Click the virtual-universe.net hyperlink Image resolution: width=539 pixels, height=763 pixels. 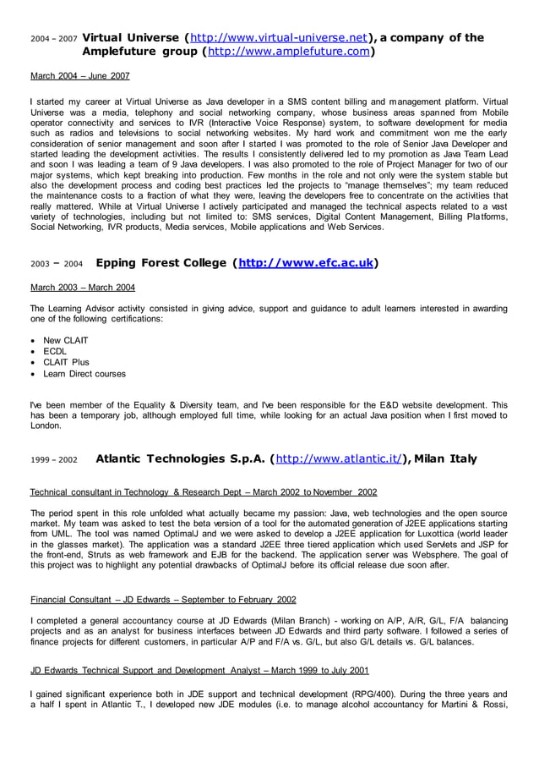(x=279, y=38)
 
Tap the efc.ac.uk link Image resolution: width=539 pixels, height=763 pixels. (x=306, y=263)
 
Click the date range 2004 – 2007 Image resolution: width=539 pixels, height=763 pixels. (x=53, y=40)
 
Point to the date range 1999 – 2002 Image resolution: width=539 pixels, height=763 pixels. (x=53, y=461)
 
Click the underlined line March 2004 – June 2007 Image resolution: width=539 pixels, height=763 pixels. (x=80, y=76)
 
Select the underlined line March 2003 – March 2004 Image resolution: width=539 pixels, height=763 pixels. (x=83, y=288)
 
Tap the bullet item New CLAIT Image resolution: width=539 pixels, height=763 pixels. (x=66, y=341)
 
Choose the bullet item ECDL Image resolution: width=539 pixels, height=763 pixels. (x=55, y=352)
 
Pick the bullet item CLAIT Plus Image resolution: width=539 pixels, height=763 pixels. (x=66, y=362)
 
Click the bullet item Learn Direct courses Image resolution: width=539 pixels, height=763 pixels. (x=84, y=373)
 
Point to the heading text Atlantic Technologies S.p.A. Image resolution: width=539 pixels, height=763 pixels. (x=179, y=459)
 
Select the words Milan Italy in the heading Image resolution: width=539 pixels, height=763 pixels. (x=446, y=459)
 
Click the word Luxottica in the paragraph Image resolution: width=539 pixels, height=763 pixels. (x=433, y=535)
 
